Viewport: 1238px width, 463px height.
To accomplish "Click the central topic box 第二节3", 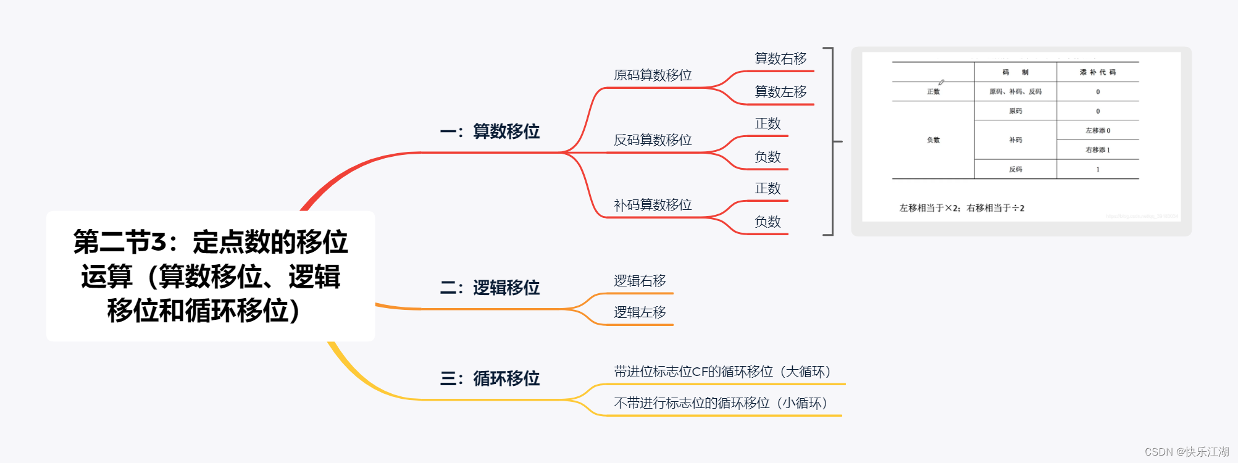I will point(211,276).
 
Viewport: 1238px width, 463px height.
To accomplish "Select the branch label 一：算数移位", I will point(490,131).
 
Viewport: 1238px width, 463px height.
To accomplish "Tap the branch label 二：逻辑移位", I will point(490,288).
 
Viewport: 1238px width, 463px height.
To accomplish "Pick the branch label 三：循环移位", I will point(490,378).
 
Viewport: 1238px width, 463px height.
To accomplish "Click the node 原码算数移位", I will point(653,75).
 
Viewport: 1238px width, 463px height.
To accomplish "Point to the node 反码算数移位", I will point(653,140).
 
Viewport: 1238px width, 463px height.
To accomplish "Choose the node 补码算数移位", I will point(653,205).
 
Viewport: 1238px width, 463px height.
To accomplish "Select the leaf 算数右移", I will point(780,59).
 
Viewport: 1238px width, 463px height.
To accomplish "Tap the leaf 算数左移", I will point(780,92).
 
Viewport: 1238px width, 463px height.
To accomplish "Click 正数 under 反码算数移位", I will point(767,124).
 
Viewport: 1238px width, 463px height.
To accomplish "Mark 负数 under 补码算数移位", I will point(767,222).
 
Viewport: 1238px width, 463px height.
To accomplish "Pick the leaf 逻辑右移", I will point(640,281).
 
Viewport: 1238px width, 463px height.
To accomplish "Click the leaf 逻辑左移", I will point(640,312).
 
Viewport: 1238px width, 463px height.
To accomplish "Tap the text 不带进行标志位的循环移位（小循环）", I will point(721,403).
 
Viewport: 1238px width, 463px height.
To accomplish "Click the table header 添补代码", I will point(1097,72).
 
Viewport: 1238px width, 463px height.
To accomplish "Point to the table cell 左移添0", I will point(1098,130).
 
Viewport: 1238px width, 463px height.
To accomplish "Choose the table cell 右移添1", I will point(1098,150).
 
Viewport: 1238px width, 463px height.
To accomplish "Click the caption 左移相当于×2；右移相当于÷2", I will point(961,208).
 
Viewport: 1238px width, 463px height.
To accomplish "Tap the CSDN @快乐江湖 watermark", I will point(1186,452).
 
